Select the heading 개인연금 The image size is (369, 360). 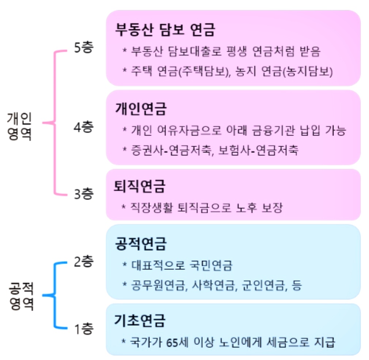[x=141, y=109]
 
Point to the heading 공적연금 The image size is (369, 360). [x=141, y=244]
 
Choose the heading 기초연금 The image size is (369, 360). [x=141, y=321]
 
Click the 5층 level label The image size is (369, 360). [x=84, y=49]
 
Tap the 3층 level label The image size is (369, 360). [x=84, y=194]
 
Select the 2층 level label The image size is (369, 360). [x=84, y=262]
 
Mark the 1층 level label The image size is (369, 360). [x=84, y=330]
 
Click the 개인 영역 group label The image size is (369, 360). [x=19, y=126]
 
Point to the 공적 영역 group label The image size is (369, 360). [x=20, y=296]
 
